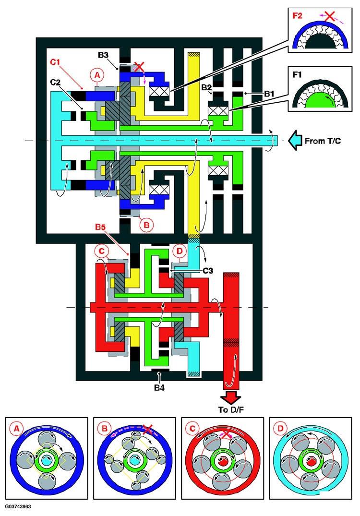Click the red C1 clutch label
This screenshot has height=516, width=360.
click(55, 62)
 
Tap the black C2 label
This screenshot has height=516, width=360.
click(56, 82)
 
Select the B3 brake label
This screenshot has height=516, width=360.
click(103, 55)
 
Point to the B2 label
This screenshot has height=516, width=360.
click(206, 87)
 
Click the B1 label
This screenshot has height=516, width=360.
click(269, 94)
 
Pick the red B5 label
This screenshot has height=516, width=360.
click(101, 227)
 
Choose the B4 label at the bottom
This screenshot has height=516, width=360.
click(159, 388)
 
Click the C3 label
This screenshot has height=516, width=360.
click(208, 271)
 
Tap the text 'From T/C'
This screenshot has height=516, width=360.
click(323, 141)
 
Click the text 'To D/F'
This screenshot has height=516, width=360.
click(230, 410)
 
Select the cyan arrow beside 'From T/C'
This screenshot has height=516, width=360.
click(295, 141)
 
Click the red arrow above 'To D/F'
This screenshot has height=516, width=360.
click(230, 397)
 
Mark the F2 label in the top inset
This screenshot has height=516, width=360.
click(297, 15)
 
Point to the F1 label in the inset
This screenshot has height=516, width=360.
click(297, 75)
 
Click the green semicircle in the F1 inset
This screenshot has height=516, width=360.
click(320, 100)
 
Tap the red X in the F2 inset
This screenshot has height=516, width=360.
click(328, 16)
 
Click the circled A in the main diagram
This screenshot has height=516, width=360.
click(97, 75)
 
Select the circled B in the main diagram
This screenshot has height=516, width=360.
click(146, 225)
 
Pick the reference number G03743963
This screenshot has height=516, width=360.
click(18, 506)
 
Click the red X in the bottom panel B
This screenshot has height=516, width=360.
click(148, 429)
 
